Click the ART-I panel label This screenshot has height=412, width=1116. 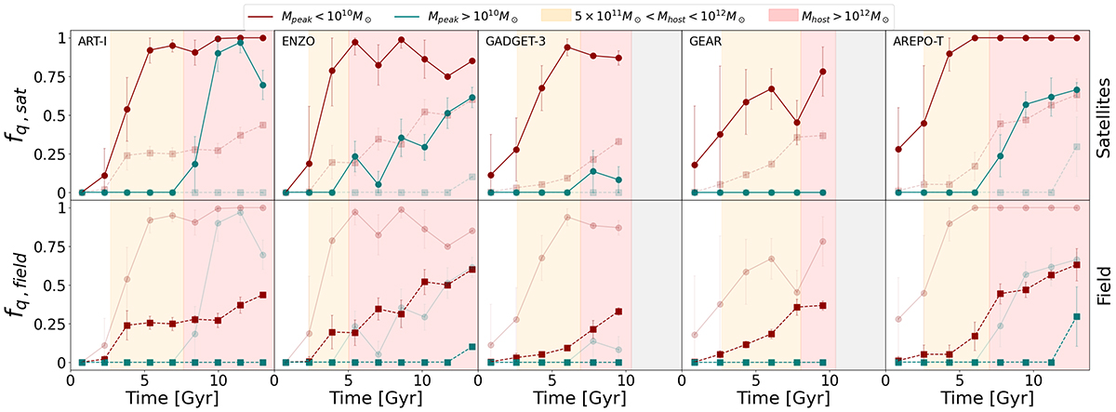pos(93,42)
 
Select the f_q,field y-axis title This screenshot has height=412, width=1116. pos(28,285)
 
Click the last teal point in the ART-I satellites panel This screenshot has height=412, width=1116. pos(263,85)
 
